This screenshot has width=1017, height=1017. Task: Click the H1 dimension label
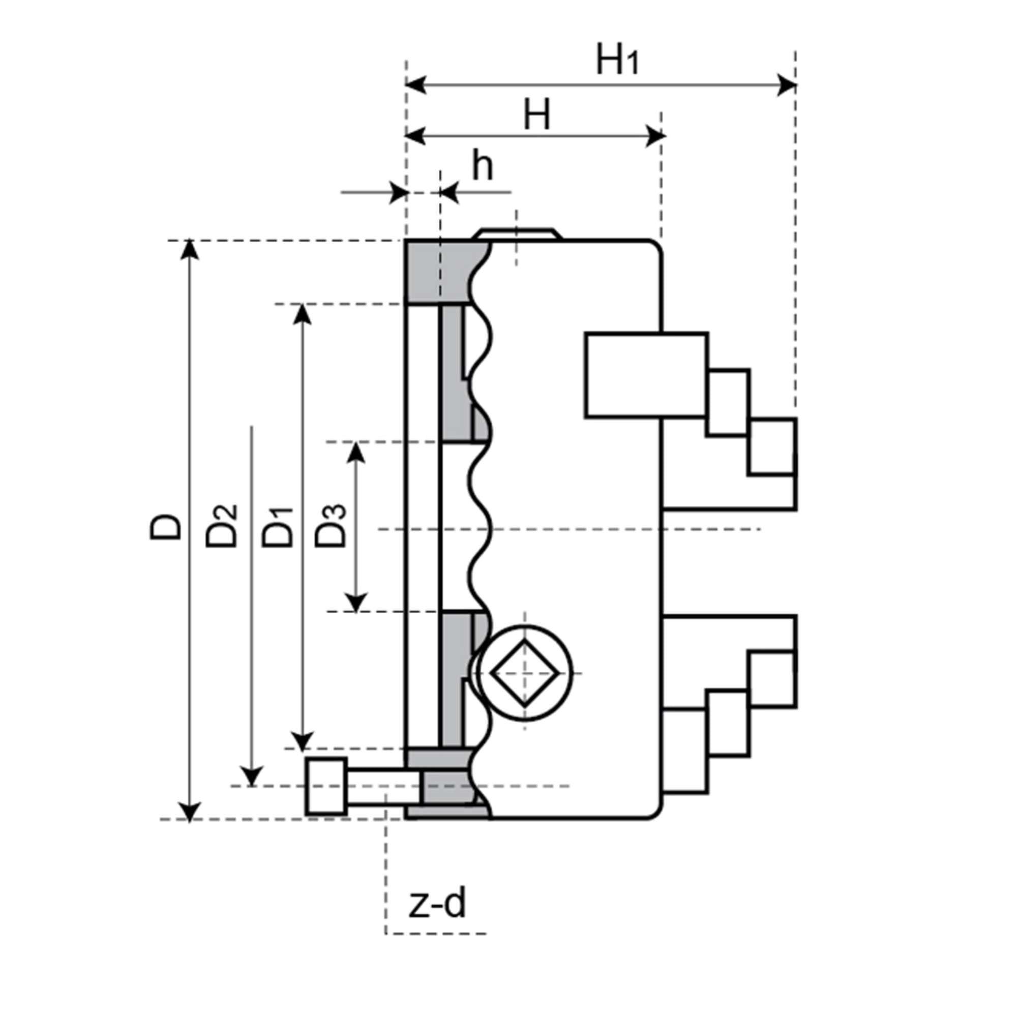[x=617, y=60]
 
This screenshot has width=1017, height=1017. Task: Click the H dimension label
[x=536, y=115]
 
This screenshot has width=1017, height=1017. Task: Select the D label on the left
[x=165, y=528]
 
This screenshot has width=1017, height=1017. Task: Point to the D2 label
[x=221, y=526]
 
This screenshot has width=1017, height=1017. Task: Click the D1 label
[x=278, y=527]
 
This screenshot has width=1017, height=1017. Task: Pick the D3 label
[x=331, y=526]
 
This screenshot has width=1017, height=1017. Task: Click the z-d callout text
[x=437, y=904]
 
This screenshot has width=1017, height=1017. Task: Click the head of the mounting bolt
[x=326, y=787]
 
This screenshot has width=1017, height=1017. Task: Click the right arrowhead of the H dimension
[x=655, y=136]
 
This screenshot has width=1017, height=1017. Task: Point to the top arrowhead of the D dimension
[x=190, y=250]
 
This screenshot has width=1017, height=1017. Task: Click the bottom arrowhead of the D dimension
[x=190, y=811]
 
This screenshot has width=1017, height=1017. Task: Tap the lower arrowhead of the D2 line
[x=252, y=777]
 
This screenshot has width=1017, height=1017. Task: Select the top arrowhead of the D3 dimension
[x=356, y=453]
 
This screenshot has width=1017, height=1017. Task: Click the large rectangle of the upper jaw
[x=645, y=375]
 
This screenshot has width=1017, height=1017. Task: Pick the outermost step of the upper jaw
[x=772, y=446]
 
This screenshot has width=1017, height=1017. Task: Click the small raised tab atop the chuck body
[x=517, y=234]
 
